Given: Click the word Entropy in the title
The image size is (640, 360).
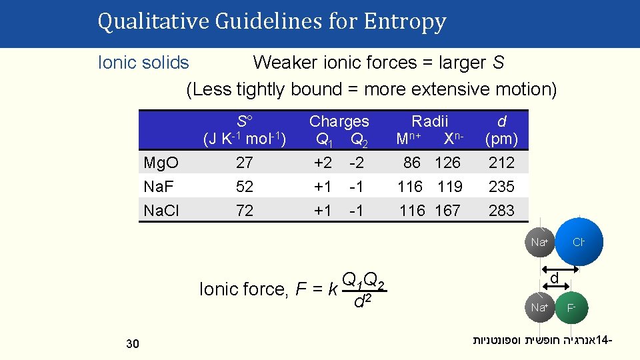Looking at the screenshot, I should tap(405, 23).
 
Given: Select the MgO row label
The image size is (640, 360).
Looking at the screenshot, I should tap(161, 163).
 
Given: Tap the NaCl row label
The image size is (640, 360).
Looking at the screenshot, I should tap(161, 211).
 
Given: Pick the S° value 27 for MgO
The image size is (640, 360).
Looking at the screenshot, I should tap(245, 163).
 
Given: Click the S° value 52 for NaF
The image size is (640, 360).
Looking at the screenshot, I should tap(245, 187).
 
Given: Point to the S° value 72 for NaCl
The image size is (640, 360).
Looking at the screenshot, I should tap(245, 211).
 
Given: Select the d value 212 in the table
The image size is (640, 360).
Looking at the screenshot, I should tap(501, 163).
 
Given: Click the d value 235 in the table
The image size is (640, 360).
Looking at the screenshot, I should tap(501, 187).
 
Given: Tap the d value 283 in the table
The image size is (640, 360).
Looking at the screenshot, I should tap(501, 211).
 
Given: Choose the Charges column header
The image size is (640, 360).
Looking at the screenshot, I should tap(339, 121).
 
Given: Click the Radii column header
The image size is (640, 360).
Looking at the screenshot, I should tap(430, 121).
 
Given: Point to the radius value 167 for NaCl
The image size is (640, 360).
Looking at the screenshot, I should tap(447, 211).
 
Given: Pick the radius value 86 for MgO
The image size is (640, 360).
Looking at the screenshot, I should tap(412, 163).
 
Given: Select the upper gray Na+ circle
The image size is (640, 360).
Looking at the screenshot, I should tap(539, 243).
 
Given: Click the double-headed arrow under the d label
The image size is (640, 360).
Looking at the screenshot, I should tap(555, 288).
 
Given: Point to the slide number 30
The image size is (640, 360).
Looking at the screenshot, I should tap(132, 343).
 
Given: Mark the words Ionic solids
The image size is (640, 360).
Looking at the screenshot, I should tap(143, 63).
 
